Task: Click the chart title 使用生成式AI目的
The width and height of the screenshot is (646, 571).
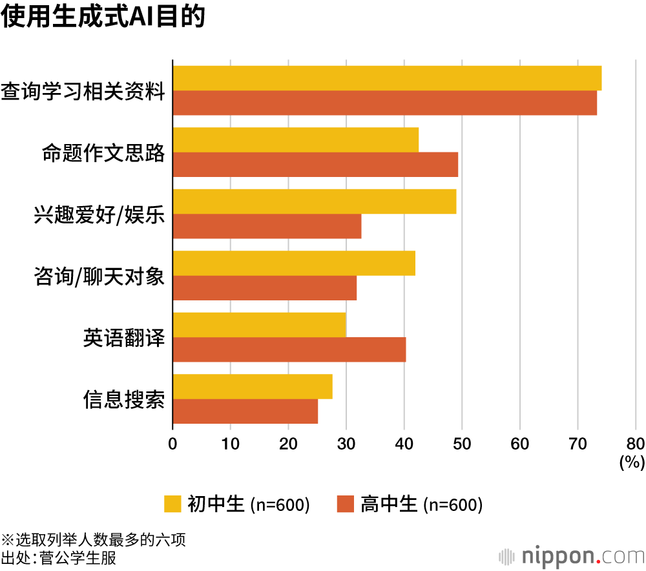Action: coord(103,17)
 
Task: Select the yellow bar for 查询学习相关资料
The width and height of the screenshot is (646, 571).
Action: coord(387,78)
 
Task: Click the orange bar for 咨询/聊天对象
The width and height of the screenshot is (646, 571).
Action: coord(264,287)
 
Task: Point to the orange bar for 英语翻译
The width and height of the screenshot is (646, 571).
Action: coord(289,349)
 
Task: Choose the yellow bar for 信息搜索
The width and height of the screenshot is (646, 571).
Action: coord(253,386)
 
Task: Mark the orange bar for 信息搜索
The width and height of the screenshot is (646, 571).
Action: coord(245,411)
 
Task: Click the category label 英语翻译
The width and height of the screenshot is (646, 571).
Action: coord(123,337)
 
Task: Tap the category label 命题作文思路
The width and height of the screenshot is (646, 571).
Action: coord(103,153)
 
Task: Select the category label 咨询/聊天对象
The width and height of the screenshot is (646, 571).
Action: coord(99,276)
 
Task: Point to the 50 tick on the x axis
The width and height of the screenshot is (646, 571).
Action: coord(462,444)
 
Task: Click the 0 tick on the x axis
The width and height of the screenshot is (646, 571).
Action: coord(172,444)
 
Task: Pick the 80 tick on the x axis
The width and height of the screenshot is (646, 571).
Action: coord(636,444)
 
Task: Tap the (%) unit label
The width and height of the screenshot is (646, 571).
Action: coord(632,462)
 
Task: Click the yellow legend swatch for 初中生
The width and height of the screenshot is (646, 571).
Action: coord(173,504)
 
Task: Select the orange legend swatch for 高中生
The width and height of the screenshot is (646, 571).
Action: coord(346,504)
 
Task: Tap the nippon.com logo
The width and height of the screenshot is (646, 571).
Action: coord(571,555)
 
